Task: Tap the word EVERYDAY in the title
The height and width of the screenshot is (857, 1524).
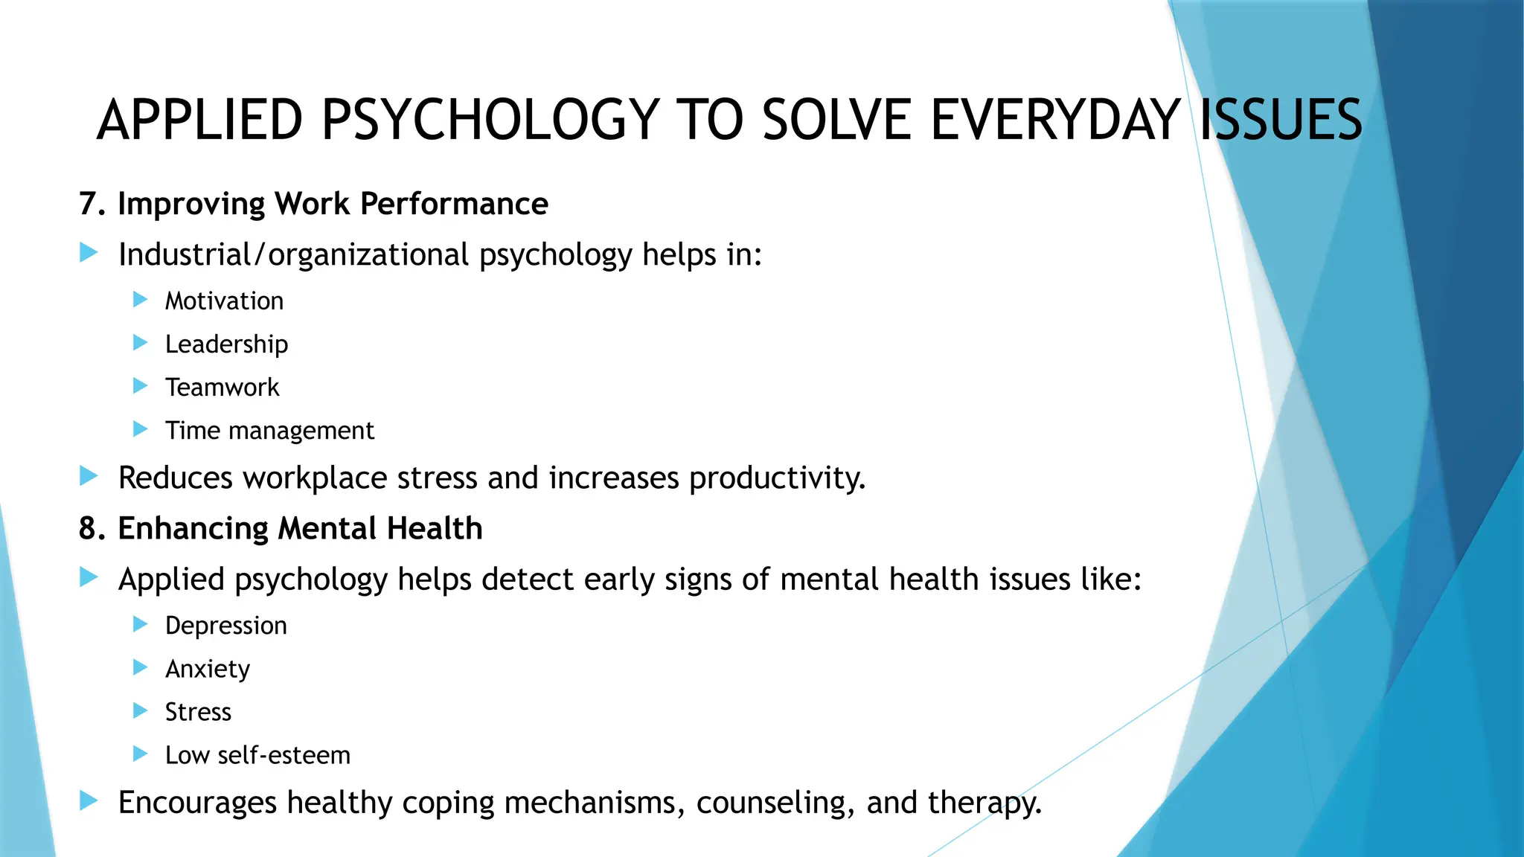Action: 1055,120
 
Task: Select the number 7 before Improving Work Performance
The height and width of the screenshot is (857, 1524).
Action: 88,204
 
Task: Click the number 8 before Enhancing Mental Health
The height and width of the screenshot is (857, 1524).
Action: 88,529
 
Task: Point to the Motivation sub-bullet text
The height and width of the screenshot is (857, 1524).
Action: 224,301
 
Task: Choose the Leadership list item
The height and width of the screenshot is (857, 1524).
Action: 226,344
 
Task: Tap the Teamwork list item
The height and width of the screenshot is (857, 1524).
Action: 222,388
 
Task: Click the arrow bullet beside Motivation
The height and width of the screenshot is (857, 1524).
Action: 140,300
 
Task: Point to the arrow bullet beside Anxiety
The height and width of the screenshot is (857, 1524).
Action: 140,667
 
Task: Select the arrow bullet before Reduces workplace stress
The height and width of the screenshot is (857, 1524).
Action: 89,476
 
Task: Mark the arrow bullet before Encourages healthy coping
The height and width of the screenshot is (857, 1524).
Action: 89,801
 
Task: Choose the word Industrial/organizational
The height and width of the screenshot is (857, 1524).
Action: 293,255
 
